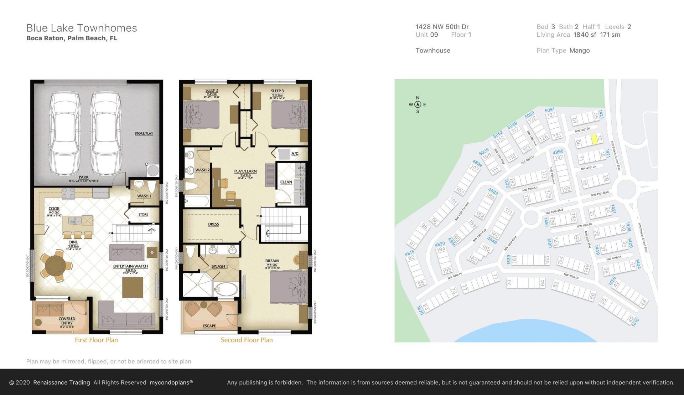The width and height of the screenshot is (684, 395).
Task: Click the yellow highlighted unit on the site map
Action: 594,139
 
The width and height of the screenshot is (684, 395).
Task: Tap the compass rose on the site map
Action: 418,104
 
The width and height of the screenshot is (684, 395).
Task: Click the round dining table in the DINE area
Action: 56,264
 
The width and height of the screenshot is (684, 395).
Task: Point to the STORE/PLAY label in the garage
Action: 144,134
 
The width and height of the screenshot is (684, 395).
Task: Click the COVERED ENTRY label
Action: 67,321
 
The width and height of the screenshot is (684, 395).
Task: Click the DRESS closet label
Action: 213,224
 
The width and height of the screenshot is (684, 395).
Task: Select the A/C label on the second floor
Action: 295,154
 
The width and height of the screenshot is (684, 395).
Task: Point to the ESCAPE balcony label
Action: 209,326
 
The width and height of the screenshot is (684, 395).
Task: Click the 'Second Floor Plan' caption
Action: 247,340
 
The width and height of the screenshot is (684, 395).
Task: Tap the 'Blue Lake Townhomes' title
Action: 82,28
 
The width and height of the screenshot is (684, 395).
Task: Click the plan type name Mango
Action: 579,51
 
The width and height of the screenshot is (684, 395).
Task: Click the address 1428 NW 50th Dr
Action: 442,27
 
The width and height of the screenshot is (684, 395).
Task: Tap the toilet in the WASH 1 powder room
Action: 152,186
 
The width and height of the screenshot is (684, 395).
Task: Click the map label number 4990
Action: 558,152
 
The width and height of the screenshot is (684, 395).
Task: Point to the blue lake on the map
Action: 527,333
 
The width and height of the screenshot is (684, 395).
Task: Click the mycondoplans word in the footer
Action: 171,383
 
